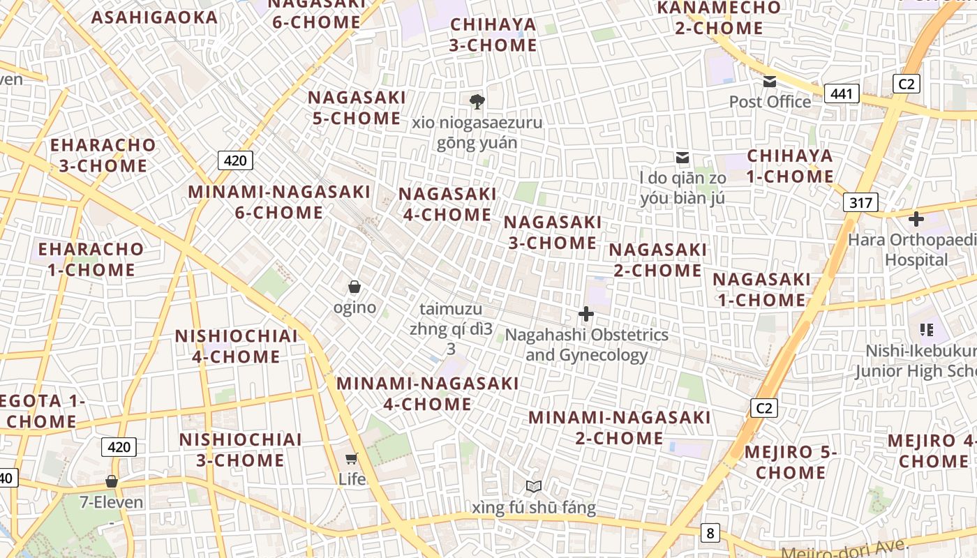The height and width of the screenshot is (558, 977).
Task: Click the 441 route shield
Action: click(841, 93)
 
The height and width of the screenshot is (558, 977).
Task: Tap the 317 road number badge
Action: click(860, 203)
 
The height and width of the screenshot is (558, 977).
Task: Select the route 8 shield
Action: click(710, 534)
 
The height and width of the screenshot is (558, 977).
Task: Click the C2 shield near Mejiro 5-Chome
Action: click(764, 408)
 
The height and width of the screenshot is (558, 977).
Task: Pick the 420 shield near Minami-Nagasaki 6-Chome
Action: click(235, 161)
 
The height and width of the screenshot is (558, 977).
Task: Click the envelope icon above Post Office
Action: click(770, 82)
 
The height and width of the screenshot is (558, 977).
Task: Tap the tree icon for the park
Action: click(477, 102)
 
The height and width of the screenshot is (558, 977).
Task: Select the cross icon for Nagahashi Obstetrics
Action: click(586, 315)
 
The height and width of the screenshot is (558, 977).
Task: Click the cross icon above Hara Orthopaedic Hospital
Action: click(916, 220)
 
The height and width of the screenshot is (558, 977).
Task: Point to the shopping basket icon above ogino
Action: click(355, 287)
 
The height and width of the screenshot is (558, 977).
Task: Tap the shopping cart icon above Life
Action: click(352, 458)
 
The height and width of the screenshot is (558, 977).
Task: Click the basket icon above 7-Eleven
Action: click(112, 481)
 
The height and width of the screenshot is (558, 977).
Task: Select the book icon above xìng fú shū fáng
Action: click(534, 486)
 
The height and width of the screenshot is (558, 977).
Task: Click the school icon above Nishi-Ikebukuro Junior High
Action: click(927, 330)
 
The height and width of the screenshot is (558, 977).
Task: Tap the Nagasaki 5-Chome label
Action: click(357, 108)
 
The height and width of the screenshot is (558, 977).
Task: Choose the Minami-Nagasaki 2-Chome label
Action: click(619, 428)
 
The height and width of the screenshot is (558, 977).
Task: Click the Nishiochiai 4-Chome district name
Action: click(237, 346)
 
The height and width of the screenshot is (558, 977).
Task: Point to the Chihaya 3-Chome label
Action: click(493, 35)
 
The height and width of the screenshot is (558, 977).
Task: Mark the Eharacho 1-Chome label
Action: click(91, 259)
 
